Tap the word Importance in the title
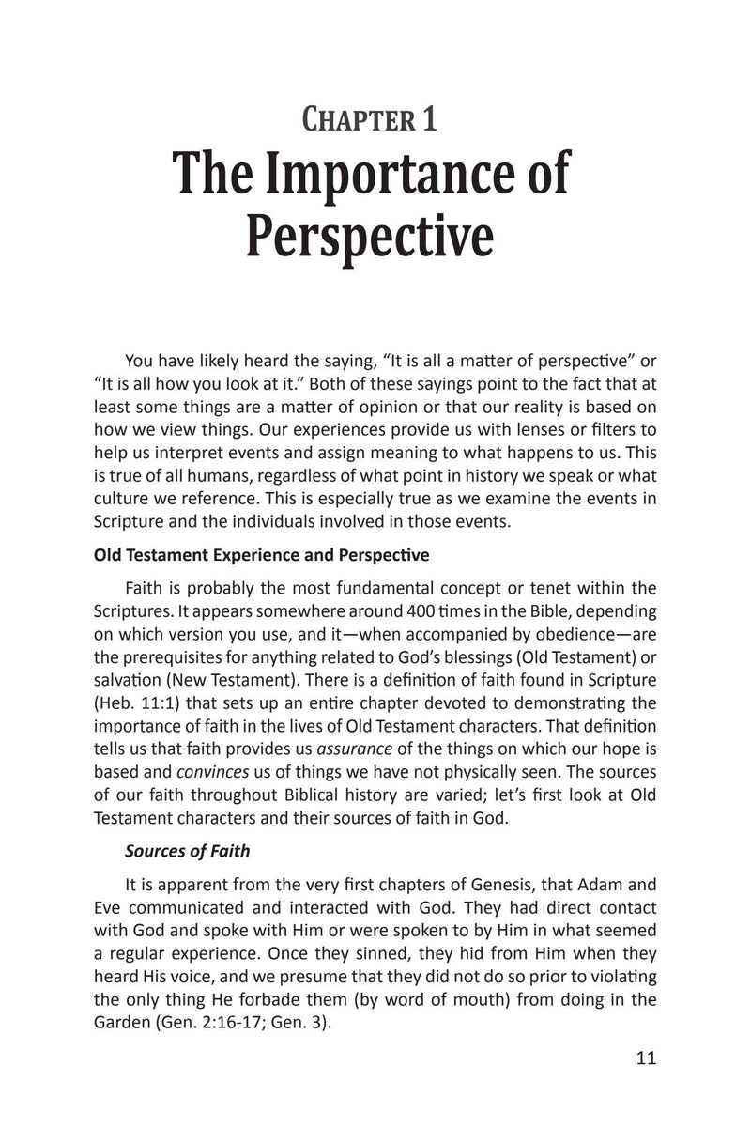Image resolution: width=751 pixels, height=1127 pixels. [x=416, y=178]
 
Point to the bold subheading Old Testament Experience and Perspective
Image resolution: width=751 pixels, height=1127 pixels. [x=262, y=555]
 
